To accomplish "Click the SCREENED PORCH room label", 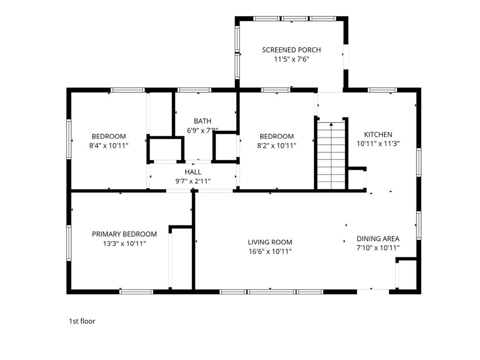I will [291, 50].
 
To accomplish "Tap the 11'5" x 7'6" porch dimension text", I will [291, 60].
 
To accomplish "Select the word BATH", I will [202, 121].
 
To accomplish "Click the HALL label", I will [193, 172].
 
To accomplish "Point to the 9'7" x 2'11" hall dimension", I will [193, 181].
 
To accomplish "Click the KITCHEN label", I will [378, 135].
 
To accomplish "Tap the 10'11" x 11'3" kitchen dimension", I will [378, 144].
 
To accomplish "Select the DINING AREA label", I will [378, 239].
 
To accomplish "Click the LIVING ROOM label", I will [270, 242].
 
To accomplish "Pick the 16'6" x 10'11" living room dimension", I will [270, 252].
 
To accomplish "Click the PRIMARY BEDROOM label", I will [124, 234].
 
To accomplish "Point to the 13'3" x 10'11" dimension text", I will [124, 243].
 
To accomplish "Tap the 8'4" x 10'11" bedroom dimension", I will [109, 146].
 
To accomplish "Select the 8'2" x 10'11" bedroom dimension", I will [277, 146].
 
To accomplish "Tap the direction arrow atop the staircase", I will [331, 124].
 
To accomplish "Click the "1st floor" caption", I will [82, 321].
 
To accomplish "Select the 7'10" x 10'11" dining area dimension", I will [378, 248].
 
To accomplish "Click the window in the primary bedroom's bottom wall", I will [136, 292].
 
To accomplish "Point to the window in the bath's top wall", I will [195, 90].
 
